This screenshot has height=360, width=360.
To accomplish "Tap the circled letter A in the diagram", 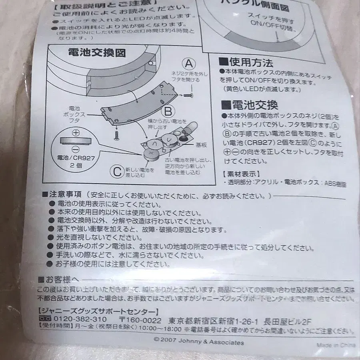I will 189,63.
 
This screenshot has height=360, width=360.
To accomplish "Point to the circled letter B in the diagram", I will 168,110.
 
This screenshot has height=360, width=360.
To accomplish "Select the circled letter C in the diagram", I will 116,172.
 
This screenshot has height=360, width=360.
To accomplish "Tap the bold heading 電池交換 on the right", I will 250,105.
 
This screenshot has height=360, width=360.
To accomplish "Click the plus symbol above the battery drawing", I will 76,133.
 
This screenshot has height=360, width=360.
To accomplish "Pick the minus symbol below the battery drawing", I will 76,150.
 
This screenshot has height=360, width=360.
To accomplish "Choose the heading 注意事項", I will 66,195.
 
